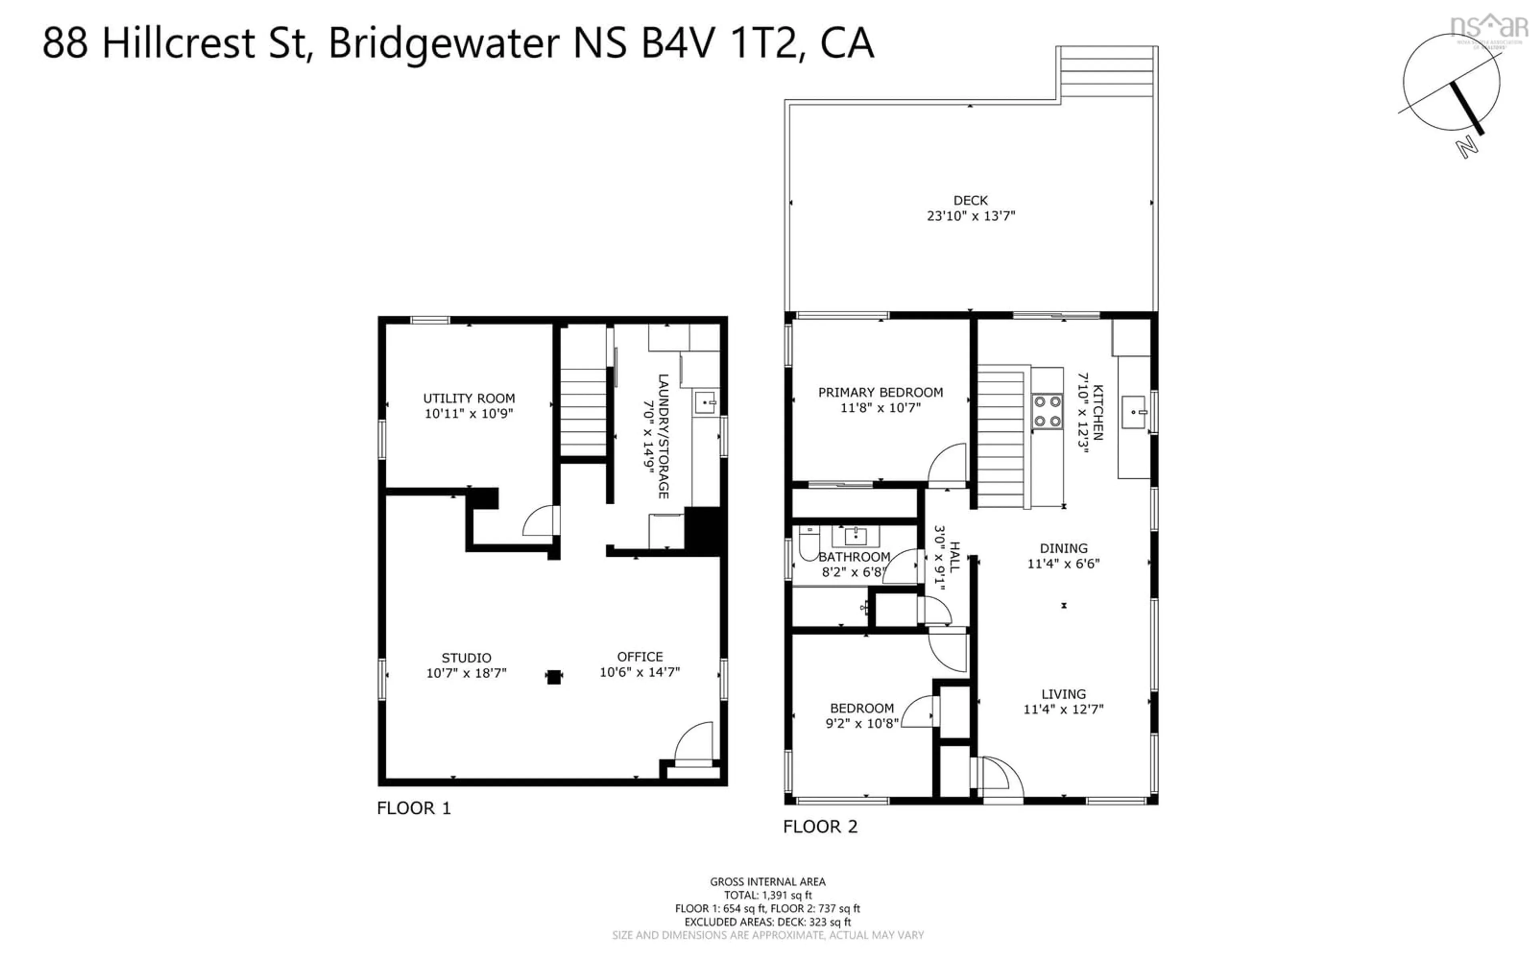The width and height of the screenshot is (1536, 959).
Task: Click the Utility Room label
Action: pyautogui.click(x=469, y=398)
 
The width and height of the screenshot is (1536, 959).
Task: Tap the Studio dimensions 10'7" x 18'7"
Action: pyautogui.click(x=466, y=673)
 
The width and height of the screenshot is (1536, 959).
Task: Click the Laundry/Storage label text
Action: pyautogui.click(x=663, y=436)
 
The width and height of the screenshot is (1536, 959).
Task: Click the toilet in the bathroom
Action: pyautogui.click(x=808, y=544)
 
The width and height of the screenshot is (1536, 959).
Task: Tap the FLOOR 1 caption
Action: pyautogui.click(x=414, y=808)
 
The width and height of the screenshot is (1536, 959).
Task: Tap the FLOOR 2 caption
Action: pyautogui.click(x=820, y=827)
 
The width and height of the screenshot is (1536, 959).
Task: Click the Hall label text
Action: pyautogui.click(x=954, y=557)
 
